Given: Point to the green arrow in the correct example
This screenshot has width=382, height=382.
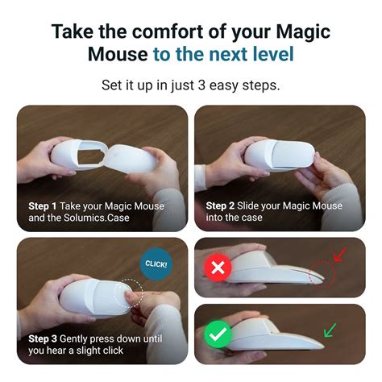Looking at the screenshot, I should coord(330,328).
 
